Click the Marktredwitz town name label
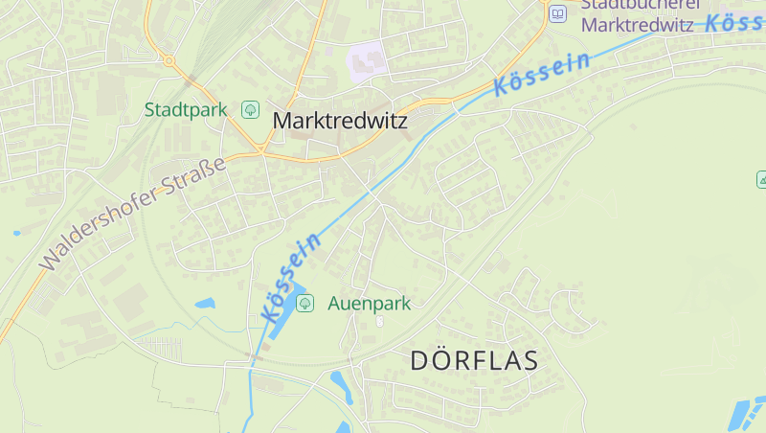pyautogui.click(x=340, y=122)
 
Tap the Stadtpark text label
pyautogui.click(x=186, y=110)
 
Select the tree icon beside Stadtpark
pyautogui.click(x=250, y=110)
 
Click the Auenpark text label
pyautogui.click(x=369, y=304)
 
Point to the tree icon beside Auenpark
pyautogui.click(x=304, y=304)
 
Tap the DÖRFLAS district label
pyautogui.click(x=474, y=361)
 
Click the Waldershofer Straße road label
pyautogui.click(x=133, y=212)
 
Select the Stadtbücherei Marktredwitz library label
pyautogui.click(x=637, y=16)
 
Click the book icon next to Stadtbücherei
pyautogui.click(x=556, y=13)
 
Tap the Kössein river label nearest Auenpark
pyautogui.click(x=290, y=277)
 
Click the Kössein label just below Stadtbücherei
pyautogui.click(x=542, y=75)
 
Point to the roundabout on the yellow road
pyautogui.click(x=169, y=60)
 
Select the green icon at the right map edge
pyautogui.click(x=762, y=179)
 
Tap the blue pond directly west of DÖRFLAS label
pyautogui.click(x=341, y=385)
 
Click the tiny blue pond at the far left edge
pyautogui.click(x=16, y=233)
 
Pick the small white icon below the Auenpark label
pyautogui.click(x=380, y=321)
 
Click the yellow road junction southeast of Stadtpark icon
pyautogui.click(x=260, y=150)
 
